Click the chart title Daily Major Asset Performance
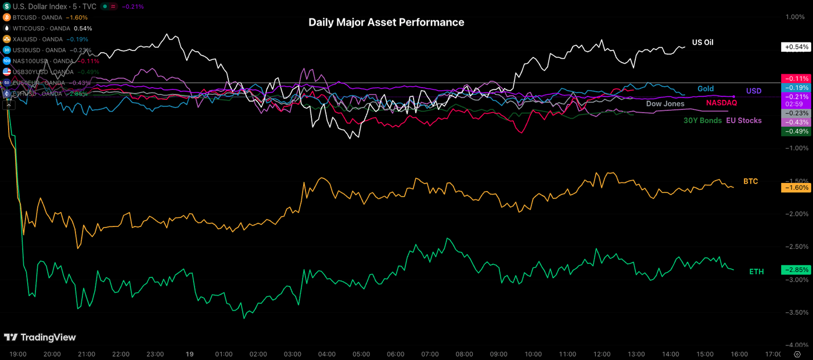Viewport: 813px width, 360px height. click(386, 23)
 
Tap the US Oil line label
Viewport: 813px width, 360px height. click(703, 42)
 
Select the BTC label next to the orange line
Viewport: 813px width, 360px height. click(750, 182)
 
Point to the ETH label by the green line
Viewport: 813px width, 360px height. click(756, 271)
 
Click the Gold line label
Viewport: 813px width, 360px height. click(706, 89)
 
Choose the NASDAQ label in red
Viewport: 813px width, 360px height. click(721, 103)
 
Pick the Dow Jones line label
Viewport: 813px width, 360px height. click(665, 104)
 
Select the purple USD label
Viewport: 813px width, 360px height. click(754, 91)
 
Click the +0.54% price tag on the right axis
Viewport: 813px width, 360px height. click(796, 47)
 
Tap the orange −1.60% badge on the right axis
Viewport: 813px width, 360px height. click(796, 188)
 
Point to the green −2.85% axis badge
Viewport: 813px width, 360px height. click(796, 270)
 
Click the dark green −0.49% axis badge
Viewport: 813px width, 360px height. click(796, 132)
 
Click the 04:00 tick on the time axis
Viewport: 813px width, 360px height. click(327, 354)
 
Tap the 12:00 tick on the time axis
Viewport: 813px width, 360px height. click(602, 354)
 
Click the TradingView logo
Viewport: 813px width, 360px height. click(40, 337)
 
